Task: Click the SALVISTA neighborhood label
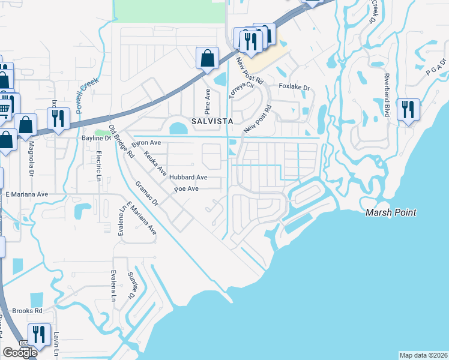pyautogui.click(x=212, y=121)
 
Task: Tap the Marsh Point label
pyautogui.click(x=391, y=212)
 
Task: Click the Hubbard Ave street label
pyautogui.click(x=188, y=178)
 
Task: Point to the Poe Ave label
pyautogui.click(x=186, y=189)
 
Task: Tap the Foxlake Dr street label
pyautogui.click(x=294, y=88)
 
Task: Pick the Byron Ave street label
pyautogui.click(x=147, y=143)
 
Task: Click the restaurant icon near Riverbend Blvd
pyautogui.click(x=408, y=110)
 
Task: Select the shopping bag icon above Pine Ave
pyautogui.click(x=207, y=59)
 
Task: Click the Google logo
pyautogui.click(x=20, y=353)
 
